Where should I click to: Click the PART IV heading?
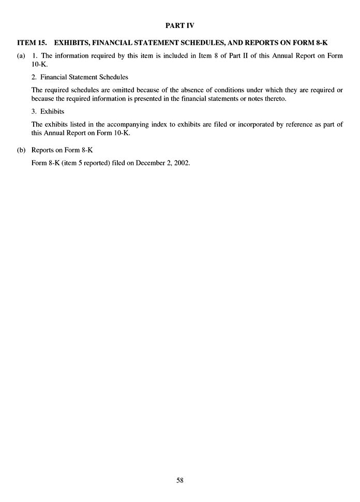(x=180, y=24)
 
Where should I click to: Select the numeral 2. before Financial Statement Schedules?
(x=34, y=77)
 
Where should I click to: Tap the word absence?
(x=184, y=90)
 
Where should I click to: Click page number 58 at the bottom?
(x=180, y=480)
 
